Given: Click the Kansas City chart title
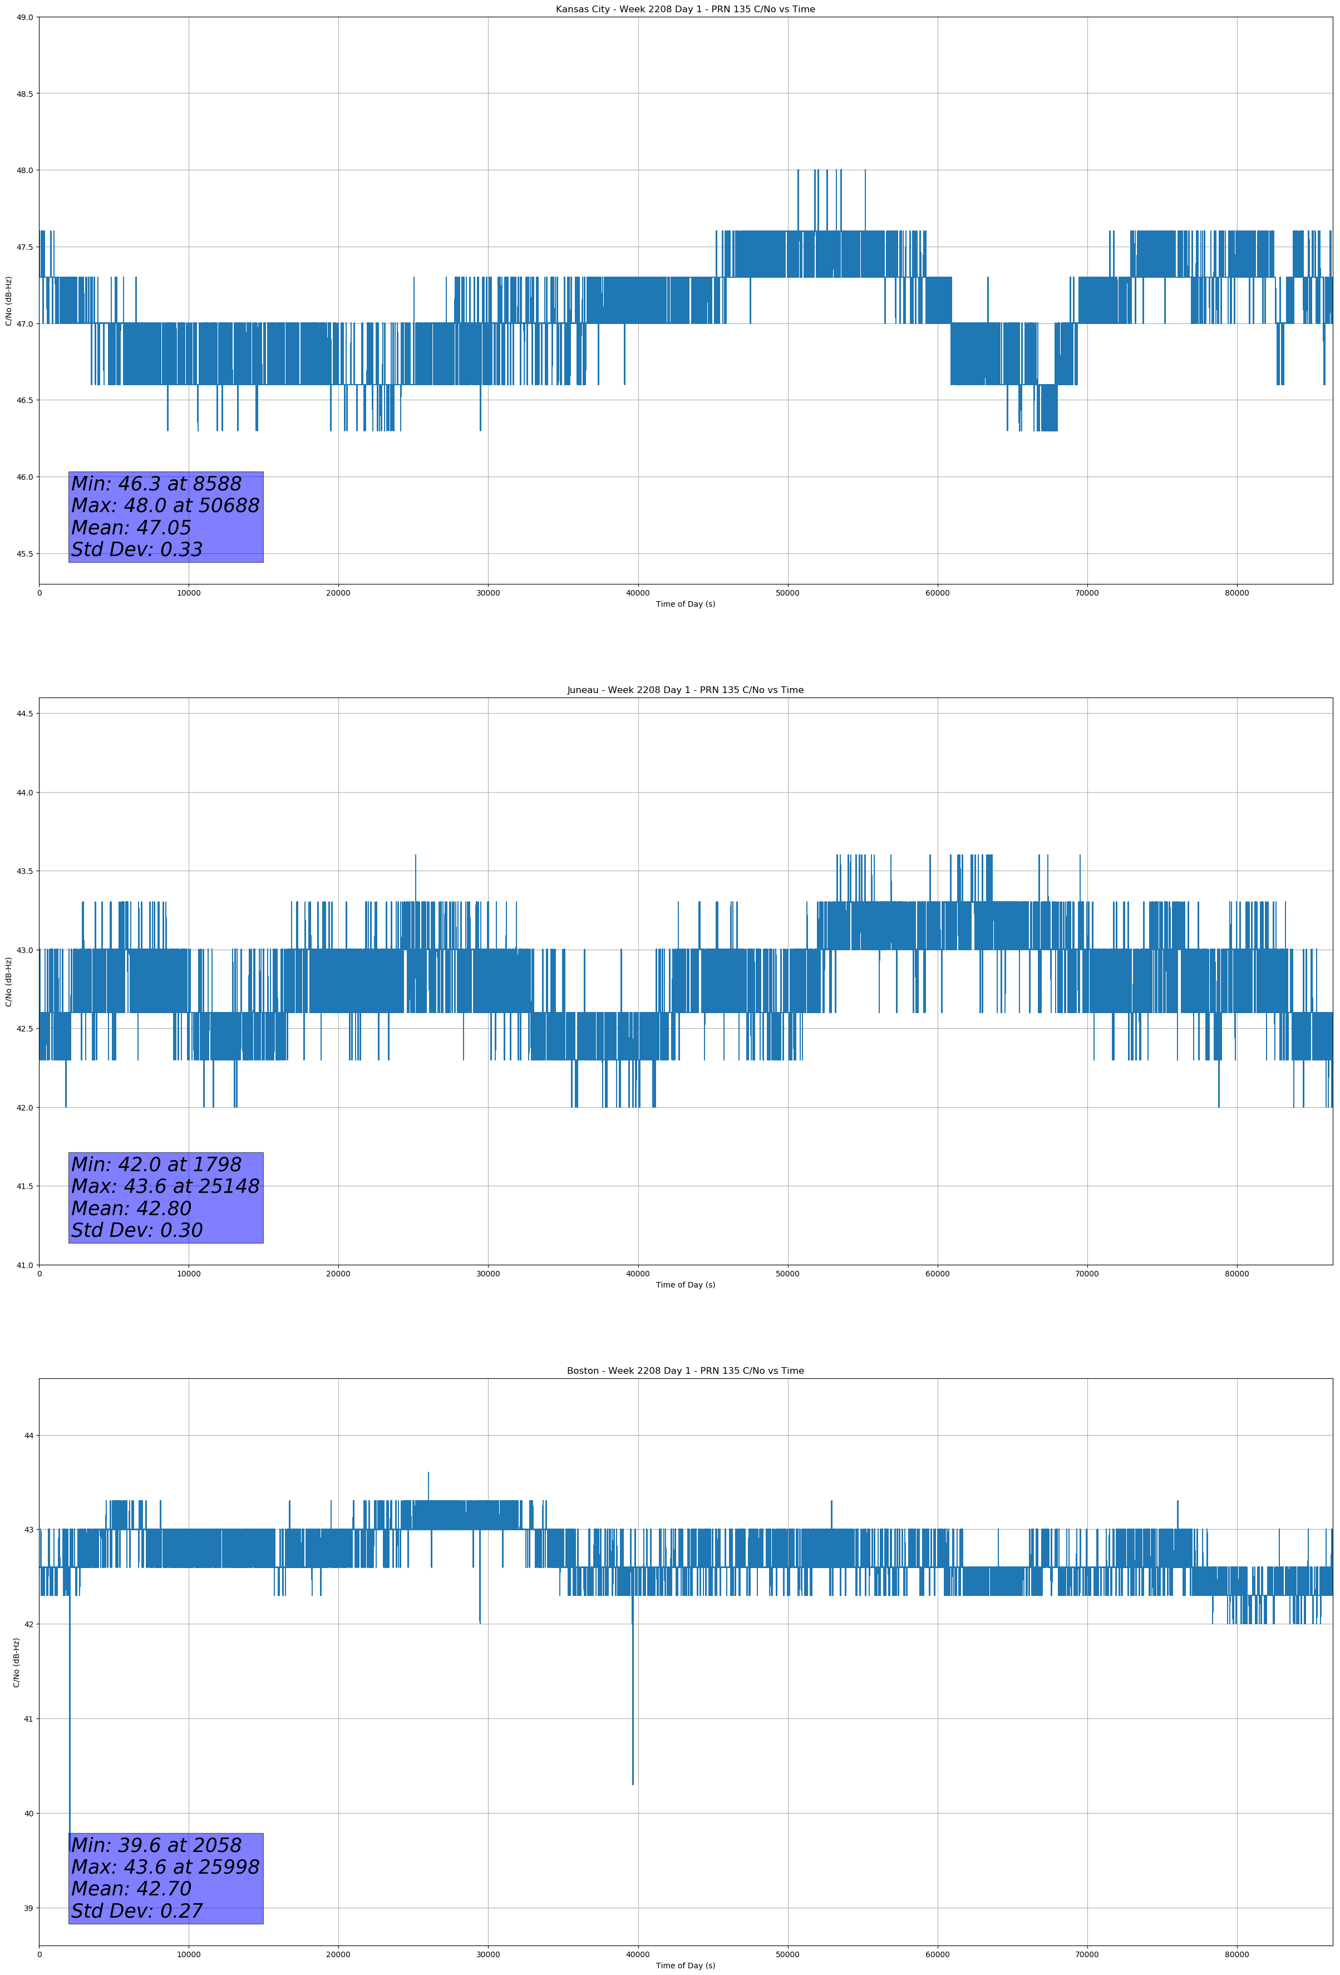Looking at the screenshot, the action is [685, 9].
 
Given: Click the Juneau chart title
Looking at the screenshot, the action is [685, 690].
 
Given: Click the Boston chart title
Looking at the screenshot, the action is [685, 1371].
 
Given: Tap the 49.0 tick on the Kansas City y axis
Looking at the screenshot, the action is [24, 17].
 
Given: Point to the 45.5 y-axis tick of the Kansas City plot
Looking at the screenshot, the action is [24, 554].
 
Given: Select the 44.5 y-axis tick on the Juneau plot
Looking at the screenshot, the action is [24, 714].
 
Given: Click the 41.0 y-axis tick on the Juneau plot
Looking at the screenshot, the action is [24, 1265].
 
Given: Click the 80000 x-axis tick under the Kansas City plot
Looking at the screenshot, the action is [1236, 593].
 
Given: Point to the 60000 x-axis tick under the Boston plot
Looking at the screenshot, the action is [937, 1954].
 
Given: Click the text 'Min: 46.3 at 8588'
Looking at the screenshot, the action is [156, 484].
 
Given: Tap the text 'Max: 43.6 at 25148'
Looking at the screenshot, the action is [165, 1186].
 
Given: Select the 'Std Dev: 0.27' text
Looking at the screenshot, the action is [137, 1911].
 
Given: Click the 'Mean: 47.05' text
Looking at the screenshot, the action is [131, 528].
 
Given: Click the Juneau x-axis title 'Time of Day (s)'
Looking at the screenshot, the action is [685, 1285].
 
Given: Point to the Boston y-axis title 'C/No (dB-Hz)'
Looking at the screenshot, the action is [16, 1662].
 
